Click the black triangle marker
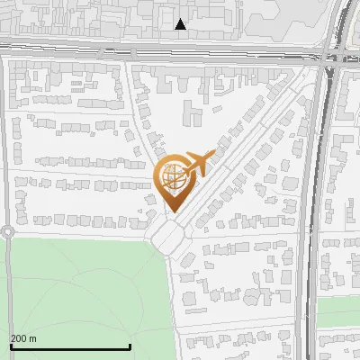181,24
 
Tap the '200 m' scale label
23,338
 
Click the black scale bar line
70,346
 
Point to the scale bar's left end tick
11,345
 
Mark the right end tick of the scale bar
130,345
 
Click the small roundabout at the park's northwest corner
7,231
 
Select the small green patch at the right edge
338,310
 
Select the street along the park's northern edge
81,232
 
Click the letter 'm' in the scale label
32,338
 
